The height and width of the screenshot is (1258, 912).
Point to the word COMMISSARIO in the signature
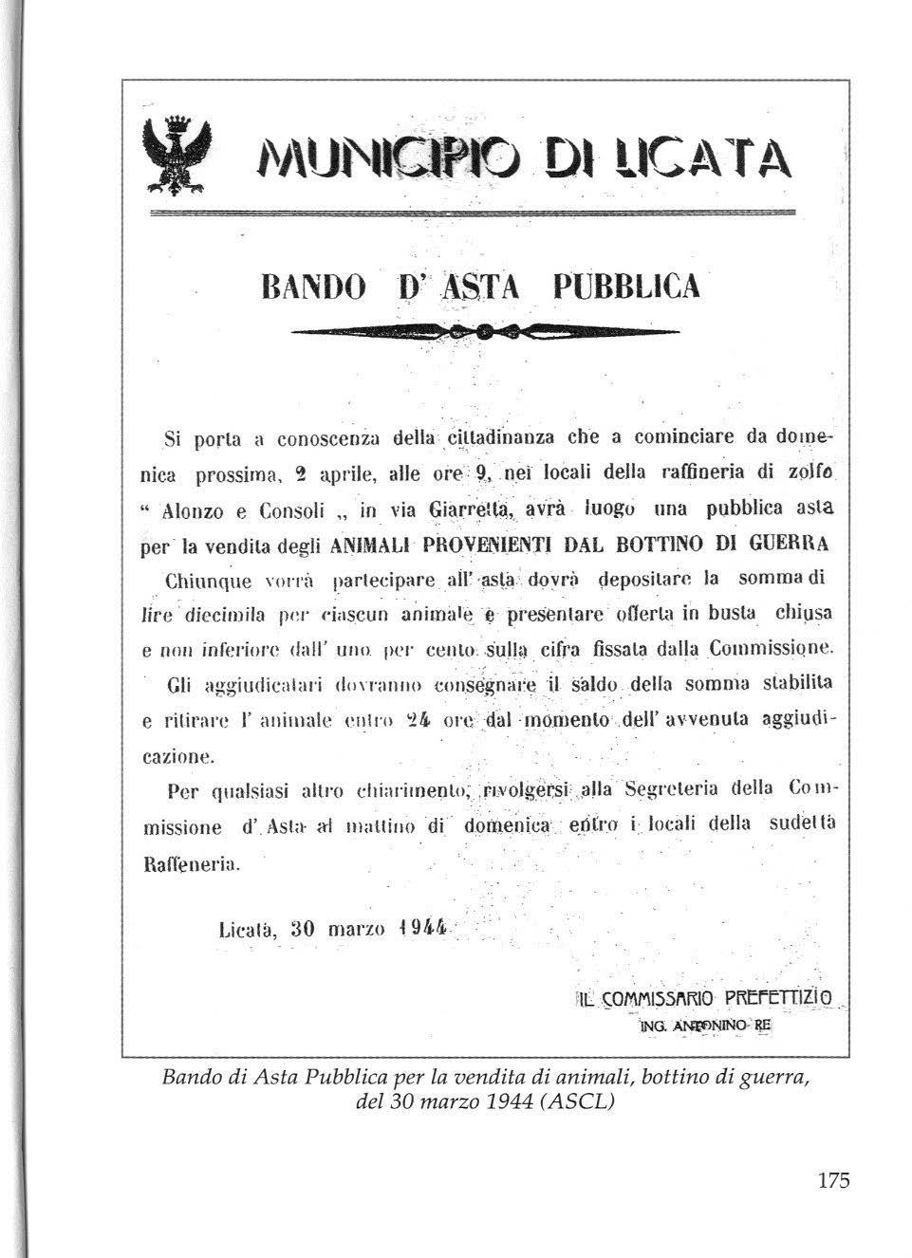click(x=657, y=998)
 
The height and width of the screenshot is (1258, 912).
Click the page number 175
click(x=832, y=1181)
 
